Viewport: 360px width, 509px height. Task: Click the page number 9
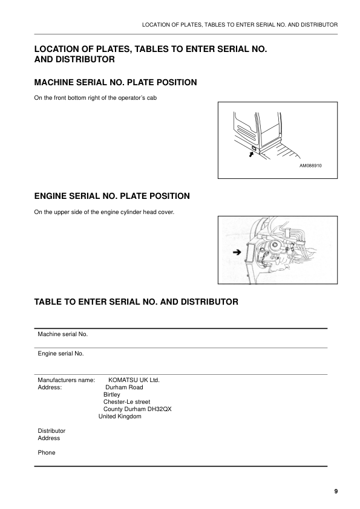336,491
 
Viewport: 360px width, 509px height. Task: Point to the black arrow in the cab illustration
250,155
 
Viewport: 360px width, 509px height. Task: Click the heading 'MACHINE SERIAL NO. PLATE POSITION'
115,82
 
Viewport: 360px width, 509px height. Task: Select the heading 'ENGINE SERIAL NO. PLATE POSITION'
112,196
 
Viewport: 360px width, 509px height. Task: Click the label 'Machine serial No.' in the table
63,334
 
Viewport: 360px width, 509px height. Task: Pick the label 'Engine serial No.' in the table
61,353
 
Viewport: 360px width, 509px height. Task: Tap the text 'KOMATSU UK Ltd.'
134,380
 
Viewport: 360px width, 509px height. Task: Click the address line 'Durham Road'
124,387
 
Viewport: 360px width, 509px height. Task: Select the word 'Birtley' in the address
112,395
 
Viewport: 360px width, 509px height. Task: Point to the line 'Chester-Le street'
126,402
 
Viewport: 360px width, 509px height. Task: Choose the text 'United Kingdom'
120,417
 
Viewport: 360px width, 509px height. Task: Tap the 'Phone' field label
47,452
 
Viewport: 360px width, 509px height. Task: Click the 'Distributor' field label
51,430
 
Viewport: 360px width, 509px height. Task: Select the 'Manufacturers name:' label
66,380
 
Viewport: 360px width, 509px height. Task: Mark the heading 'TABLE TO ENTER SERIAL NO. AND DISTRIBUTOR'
136,301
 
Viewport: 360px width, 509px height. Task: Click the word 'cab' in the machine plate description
152,99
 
